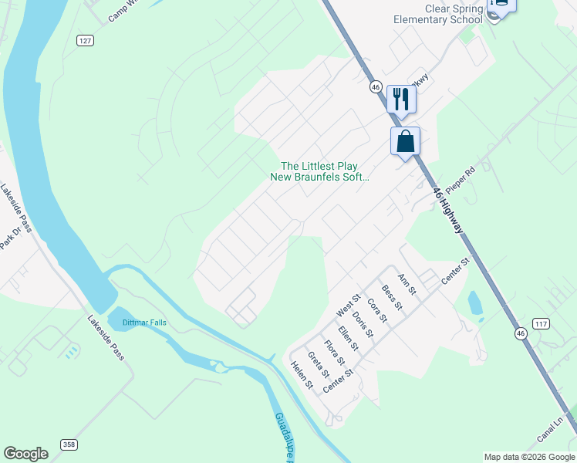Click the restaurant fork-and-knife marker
click(x=401, y=99)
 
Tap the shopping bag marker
click(x=405, y=142)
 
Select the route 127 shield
click(x=85, y=40)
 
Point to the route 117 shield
click(x=541, y=323)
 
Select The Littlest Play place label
click(x=319, y=166)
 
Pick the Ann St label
click(x=406, y=284)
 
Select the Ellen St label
click(x=349, y=339)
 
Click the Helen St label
click(x=301, y=374)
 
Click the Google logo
click(x=25, y=454)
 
